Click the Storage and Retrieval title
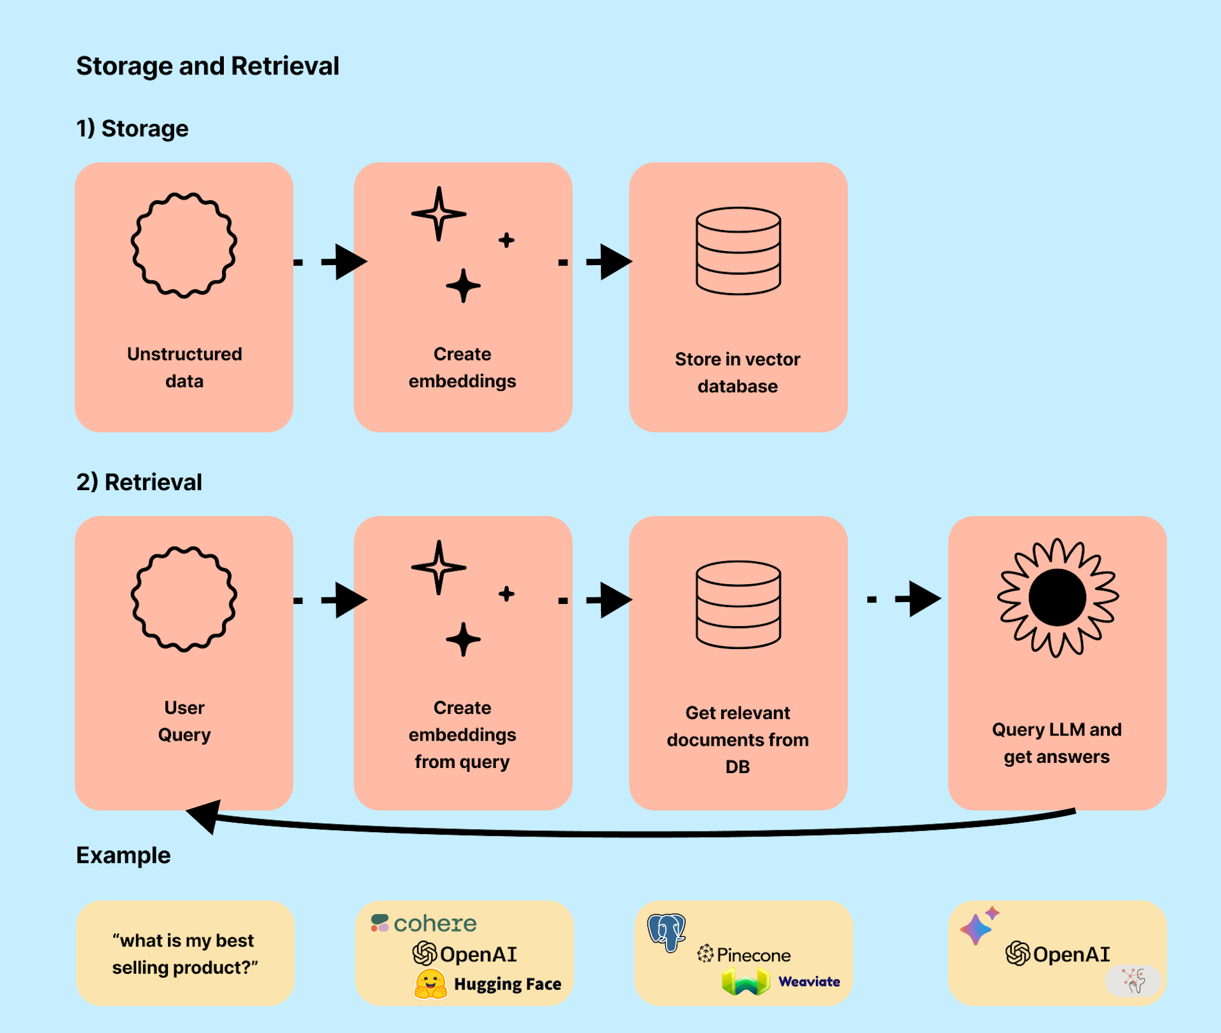point(207,66)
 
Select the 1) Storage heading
point(132,128)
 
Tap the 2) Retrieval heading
point(139,482)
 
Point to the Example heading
point(123,856)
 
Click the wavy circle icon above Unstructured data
point(184,245)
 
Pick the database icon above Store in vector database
point(738,250)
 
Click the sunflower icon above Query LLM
point(1057,598)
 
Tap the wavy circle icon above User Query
point(184,599)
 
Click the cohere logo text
point(435,924)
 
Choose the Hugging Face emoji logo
point(431,983)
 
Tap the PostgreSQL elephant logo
point(666,932)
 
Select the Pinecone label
point(753,955)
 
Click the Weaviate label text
point(809,982)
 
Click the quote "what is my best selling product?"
point(184,954)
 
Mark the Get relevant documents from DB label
point(738,739)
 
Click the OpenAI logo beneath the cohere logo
point(465,954)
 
